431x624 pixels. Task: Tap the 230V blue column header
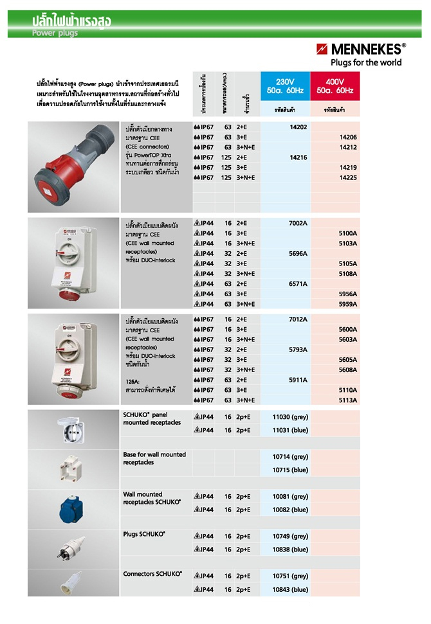[x=284, y=86]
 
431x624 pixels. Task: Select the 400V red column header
[x=335, y=86]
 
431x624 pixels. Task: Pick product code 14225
[x=347, y=177]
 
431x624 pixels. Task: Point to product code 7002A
[x=297, y=222]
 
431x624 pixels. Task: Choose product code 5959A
[x=347, y=304]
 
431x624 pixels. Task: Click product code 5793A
[x=297, y=350]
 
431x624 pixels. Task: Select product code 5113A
[x=347, y=400]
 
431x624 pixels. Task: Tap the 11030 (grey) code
[x=290, y=416]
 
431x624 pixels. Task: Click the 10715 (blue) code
[x=290, y=470]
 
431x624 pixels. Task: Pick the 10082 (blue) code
[x=290, y=510]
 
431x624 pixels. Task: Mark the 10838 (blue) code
[x=290, y=549]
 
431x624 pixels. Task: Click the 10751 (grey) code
[x=290, y=576]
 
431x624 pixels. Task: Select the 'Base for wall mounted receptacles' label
[x=154, y=458]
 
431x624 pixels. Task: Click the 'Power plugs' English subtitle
[x=55, y=33]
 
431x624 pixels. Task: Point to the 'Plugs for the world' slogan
[x=365, y=62]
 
